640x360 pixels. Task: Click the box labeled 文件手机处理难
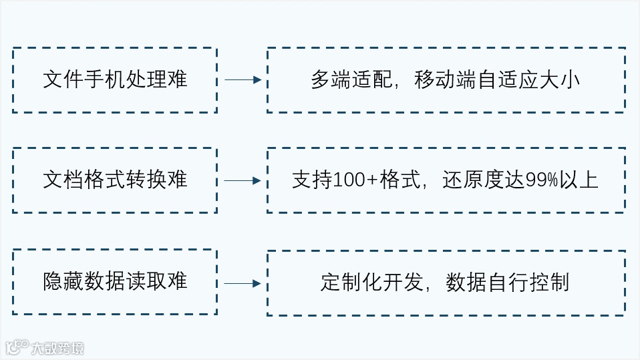tap(115, 80)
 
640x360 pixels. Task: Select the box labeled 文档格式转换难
tap(115, 180)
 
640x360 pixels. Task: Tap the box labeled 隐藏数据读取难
tap(115, 282)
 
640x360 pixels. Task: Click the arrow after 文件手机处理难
tap(242, 80)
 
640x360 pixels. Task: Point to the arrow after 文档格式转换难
tap(242, 180)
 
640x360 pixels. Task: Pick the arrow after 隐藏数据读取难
tap(242, 283)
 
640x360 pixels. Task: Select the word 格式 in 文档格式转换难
tap(105, 180)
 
